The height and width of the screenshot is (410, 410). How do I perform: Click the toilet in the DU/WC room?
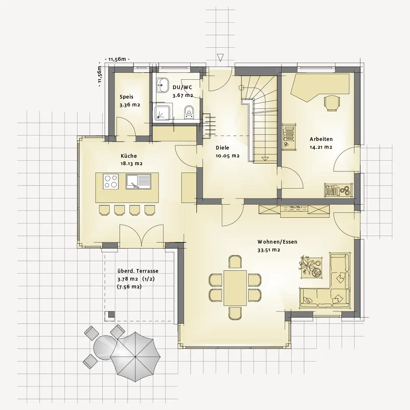pyautogui.click(x=189, y=113)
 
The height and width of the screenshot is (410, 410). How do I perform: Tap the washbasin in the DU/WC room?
pyautogui.click(x=163, y=85)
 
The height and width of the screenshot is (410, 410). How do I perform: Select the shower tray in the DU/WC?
pyautogui.click(x=163, y=113)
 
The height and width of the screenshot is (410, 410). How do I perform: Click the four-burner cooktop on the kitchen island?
pyautogui.click(x=111, y=181)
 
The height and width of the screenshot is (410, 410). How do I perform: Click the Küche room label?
pyautogui.click(x=129, y=156)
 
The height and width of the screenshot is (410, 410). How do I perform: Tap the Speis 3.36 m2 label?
pyautogui.click(x=130, y=101)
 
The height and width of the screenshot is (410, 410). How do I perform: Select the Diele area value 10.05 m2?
pyautogui.click(x=228, y=156)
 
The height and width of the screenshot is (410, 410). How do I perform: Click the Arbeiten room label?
pyautogui.click(x=321, y=139)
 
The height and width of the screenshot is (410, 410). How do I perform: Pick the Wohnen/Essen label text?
pyautogui.click(x=277, y=242)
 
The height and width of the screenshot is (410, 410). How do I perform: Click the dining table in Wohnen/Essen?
pyautogui.click(x=235, y=288)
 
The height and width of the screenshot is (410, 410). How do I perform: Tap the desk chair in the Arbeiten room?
pyautogui.click(x=332, y=103)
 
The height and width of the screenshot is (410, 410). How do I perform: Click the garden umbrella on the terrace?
pyautogui.click(x=135, y=357)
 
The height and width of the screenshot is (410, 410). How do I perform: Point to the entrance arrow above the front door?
pyautogui.click(x=221, y=58)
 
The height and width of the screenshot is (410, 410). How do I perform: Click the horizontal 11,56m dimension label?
pyautogui.click(x=117, y=59)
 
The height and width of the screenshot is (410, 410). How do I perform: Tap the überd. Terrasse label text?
pyautogui.click(x=138, y=271)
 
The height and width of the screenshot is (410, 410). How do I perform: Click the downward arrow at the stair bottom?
pyautogui.click(x=265, y=158)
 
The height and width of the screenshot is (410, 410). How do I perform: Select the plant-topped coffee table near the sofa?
pyautogui.click(x=311, y=267)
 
